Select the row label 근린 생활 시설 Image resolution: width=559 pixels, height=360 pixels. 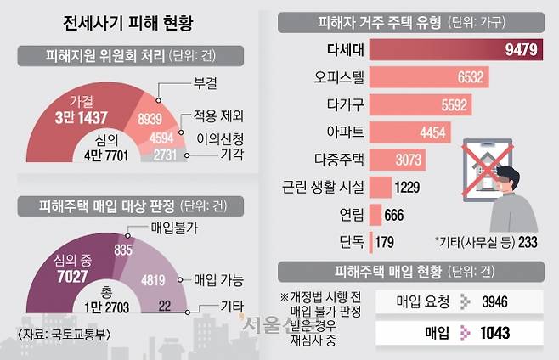pos(325,187)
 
